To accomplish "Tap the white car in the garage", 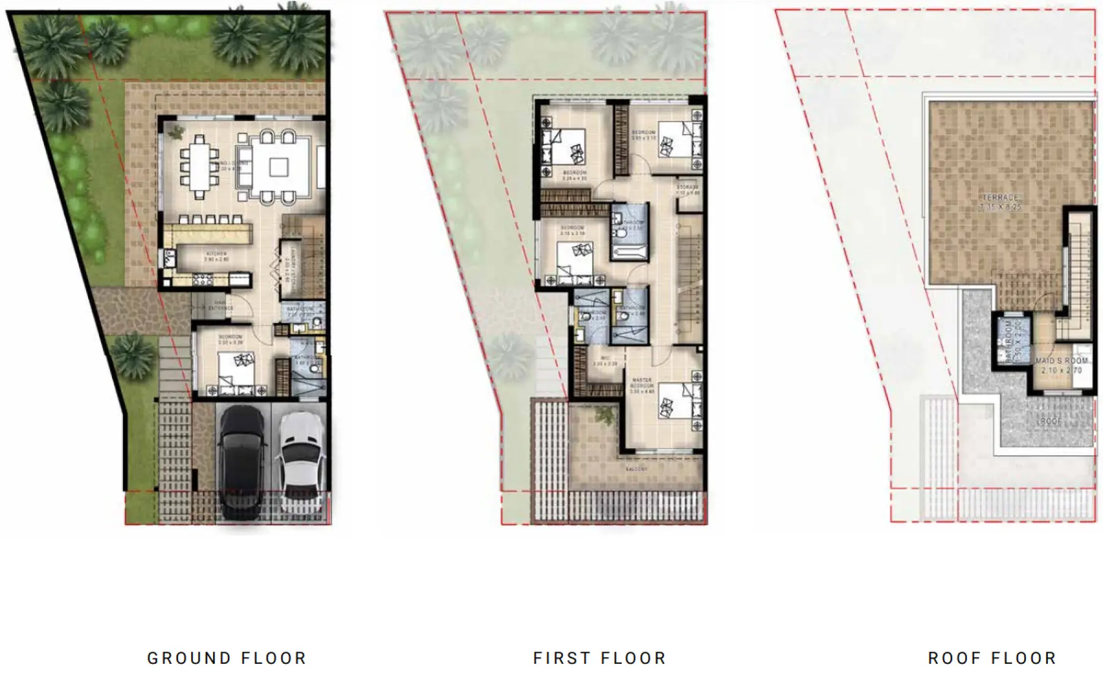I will click(301, 459).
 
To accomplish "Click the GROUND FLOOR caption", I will click(226, 658).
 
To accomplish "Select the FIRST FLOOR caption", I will click(599, 658).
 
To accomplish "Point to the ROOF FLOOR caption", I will click(992, 658).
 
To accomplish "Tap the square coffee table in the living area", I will click(279, 167).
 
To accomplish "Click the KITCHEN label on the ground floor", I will click(217, 254).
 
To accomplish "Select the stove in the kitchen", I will click(203, 280).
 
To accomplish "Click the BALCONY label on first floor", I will click(637, 469).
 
